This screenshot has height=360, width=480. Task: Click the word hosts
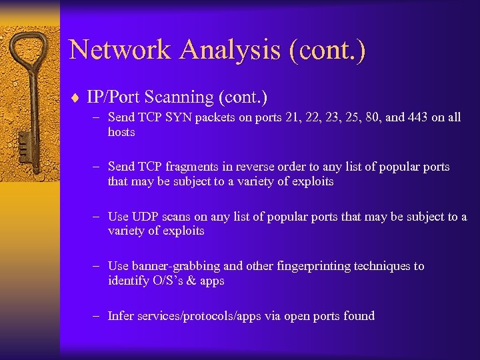pyautogui.click(x=121, y=132)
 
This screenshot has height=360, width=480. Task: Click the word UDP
pyautogui.click(x=144, y=217)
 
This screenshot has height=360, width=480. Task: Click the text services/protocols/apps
pyautogui.click(x=200, y=316)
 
